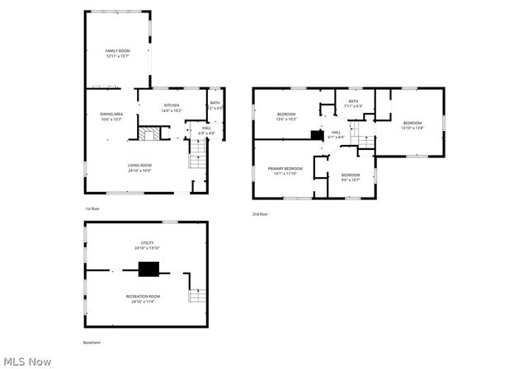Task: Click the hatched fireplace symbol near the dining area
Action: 147,135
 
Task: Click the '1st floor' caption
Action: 92,209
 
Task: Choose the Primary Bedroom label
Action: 285,170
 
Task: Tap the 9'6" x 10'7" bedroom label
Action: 351,177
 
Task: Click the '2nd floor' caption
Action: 261,214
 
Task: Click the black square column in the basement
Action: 148,269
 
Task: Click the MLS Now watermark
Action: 27,361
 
